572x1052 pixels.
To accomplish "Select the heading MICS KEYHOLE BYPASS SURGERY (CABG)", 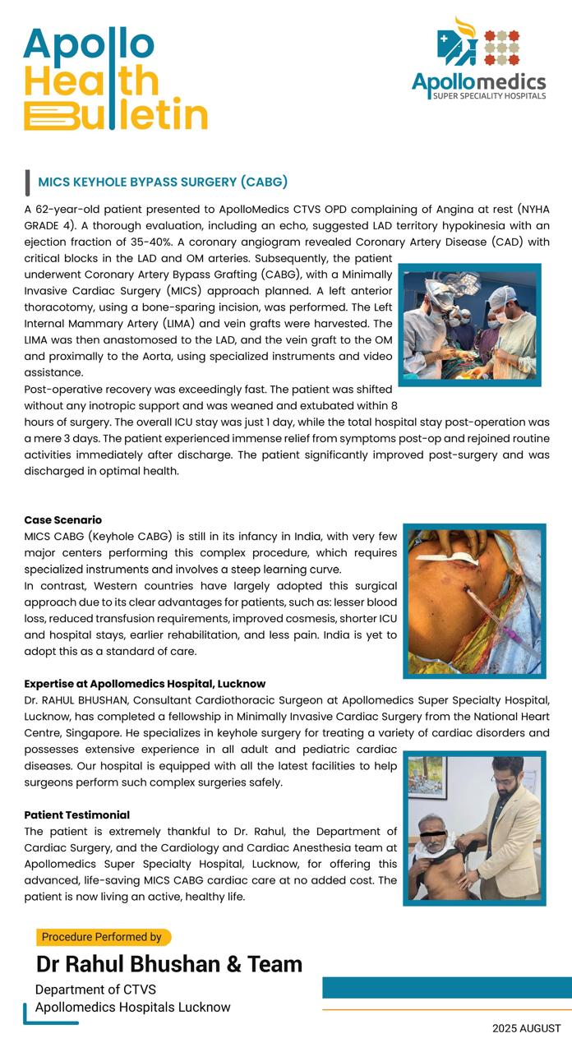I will click(163, 182).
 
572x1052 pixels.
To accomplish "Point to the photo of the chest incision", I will click(474, 601).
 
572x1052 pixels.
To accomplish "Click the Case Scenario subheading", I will click(63, 520).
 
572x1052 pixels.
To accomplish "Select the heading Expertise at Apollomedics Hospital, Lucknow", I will click(145, 684).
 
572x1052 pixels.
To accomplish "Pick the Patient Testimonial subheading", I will click(77, 814).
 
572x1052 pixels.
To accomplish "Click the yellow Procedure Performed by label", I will click(102, 937).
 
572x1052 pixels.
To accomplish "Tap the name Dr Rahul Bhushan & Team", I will click(169, 964).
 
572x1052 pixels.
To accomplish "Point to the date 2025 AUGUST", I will click(527, 1028).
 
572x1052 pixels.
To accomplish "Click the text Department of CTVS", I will click(95, 990).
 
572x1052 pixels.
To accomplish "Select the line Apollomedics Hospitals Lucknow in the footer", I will click(133, 1008).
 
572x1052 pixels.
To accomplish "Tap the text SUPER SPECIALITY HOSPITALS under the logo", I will click(490, 96).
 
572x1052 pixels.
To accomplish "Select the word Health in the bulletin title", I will click(90, 81).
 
